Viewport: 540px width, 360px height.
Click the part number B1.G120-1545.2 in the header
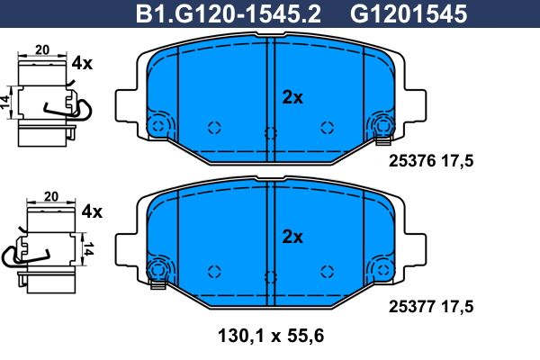click(x=229, y=14)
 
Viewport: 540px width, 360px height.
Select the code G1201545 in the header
click(x=409, y=14)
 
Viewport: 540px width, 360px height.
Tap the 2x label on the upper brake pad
click(x=292, y=97)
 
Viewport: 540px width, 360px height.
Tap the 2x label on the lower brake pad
click(x=292, y=237)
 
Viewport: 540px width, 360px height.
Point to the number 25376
click(x=412, y=160)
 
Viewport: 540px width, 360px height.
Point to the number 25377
click(x=412, y=306)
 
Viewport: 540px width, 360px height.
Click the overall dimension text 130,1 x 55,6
click(x=271, y=336)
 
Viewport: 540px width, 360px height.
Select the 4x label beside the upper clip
click(x=82, y=63)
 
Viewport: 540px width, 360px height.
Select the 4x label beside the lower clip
click(x=92, y=211)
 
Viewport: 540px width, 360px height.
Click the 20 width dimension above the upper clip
click(x=42, y=49)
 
